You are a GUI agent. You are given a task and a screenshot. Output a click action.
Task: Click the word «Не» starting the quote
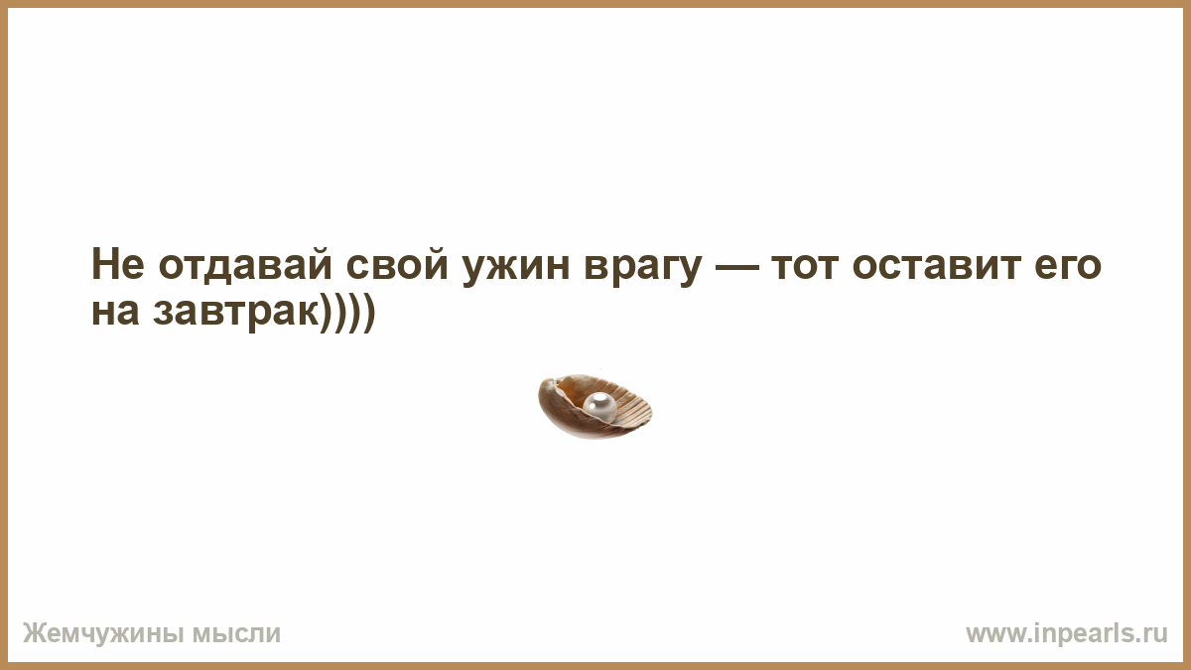[x=117, y=264]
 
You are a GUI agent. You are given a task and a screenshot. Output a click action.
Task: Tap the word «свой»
[x=397, y=264]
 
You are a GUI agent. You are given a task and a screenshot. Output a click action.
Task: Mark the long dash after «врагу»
[x=736, y=267]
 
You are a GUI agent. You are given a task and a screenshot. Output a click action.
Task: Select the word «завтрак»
[x=237, y=315]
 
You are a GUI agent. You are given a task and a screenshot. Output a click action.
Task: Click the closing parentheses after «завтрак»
[x=347, y=313]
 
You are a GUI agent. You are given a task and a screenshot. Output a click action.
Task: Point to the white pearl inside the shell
[x=599, y=406]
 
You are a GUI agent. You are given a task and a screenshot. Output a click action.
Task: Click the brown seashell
[x=595, y=406]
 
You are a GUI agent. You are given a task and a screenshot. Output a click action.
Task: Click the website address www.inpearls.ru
[x=1067, y=634]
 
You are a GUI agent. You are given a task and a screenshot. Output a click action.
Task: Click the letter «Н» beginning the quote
[x=104, y=264]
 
